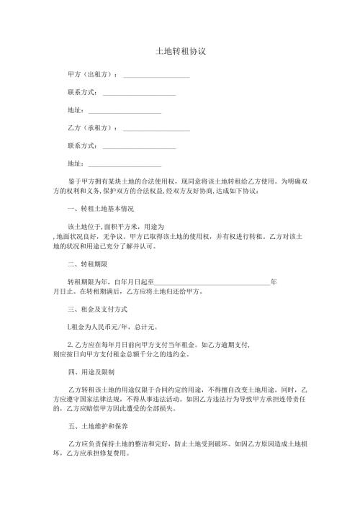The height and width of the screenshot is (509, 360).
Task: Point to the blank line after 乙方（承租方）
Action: tap(156, 130)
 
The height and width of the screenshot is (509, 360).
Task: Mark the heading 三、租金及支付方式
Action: tap(96, 310)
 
